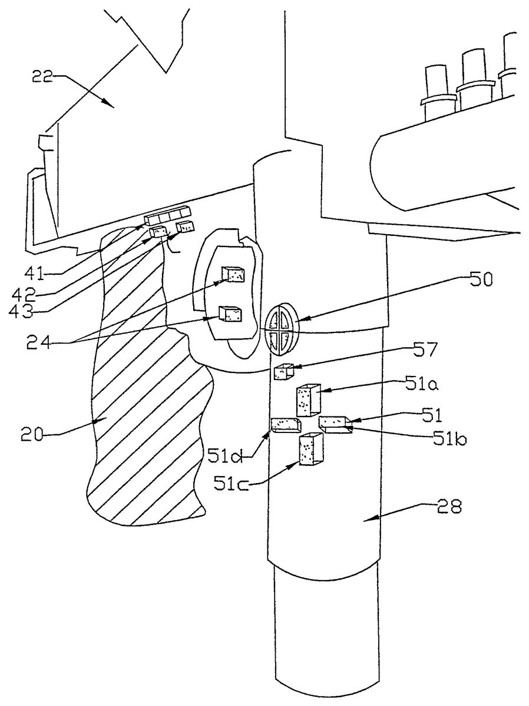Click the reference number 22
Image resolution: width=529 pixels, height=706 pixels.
point(42,76)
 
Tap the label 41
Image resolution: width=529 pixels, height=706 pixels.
point(35,274)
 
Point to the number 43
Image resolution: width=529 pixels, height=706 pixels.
point(22,311)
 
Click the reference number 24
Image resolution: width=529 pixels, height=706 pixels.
point(38,342)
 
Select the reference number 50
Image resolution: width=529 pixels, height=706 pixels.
point(481,280)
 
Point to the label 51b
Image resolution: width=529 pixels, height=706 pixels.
point(449,439)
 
